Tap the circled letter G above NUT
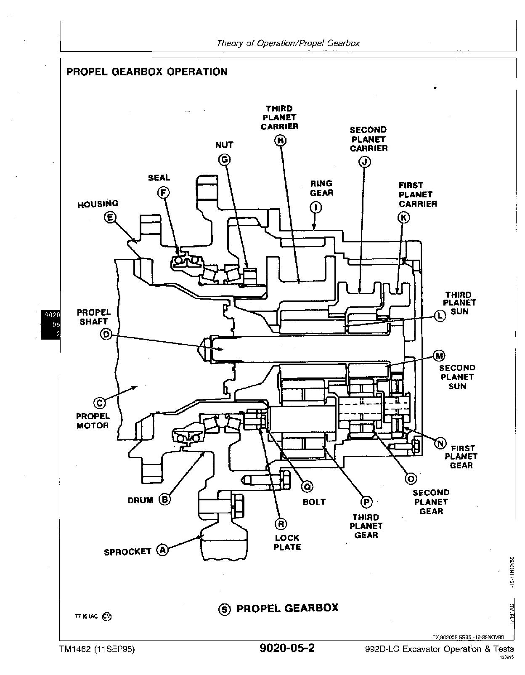(224, 159)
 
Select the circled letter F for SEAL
(163, 193)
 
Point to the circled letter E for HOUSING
(110, 218)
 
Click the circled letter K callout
(403, 217)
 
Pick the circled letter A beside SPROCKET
(162, 550)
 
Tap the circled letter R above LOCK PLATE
(281, 524)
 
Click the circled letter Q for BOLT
(308, 487)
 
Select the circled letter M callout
(439, 356)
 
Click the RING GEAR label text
(321, 188)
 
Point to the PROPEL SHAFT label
(93, 317)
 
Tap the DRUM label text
(140, 500)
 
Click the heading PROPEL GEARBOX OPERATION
(147, 72)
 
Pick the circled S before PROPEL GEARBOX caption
(225, 609)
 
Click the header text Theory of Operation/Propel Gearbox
(288, 43)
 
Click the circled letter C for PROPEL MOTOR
(100, 403)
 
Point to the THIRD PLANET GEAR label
(366, 526)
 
